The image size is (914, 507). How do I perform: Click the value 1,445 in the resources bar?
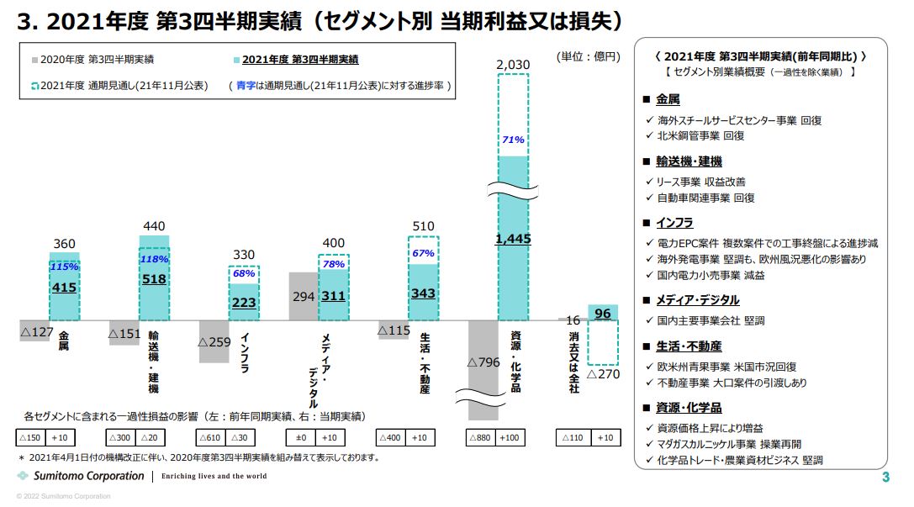(x=513, y=240)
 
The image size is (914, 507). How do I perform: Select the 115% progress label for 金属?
(x=64, y=267)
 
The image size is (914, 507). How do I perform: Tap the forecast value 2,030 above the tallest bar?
(x=512, y=65)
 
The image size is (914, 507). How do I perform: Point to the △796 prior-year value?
(x=483, y=362)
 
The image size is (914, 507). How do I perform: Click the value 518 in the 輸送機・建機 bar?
(x=154, y=278)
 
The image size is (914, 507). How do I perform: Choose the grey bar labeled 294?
(x=303, y=296)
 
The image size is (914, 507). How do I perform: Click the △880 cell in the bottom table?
(x=481, y=438)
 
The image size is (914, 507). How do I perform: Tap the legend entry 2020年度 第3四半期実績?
(x=97, y=60)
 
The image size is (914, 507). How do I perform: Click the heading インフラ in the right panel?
(x=674, y=223)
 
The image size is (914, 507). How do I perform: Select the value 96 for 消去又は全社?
(x=602, y=314)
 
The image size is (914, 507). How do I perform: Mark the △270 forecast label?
(x=602, y=373)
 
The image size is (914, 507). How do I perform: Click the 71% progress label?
(x=513, y=140)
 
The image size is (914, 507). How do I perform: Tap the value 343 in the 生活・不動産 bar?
(x=423, y=293)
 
